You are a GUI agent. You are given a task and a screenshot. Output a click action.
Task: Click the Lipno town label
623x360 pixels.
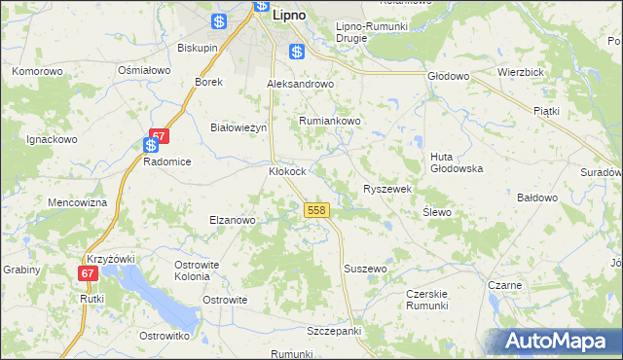coord(289,16)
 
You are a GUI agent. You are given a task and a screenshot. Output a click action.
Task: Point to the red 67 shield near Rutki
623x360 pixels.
coord(89,273)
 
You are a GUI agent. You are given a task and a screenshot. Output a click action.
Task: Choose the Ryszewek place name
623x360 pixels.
coord(388,189)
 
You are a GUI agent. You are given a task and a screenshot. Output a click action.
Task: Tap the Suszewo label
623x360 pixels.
coord(366,268)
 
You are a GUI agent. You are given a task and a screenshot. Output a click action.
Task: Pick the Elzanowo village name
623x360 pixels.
coord(232,220)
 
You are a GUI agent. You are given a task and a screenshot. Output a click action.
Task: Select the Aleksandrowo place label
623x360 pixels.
coord(301,85)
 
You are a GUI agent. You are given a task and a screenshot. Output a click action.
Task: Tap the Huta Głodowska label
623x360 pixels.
coord(457,162)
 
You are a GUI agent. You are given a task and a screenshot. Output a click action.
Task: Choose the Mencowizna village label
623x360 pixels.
coord(77,202)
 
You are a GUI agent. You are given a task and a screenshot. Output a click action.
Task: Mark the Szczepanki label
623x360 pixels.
coord(334,331)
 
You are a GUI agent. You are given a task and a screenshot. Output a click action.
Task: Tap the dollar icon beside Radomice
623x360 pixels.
coord(151,146)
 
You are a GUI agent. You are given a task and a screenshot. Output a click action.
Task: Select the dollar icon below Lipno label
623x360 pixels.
coord(297,52)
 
